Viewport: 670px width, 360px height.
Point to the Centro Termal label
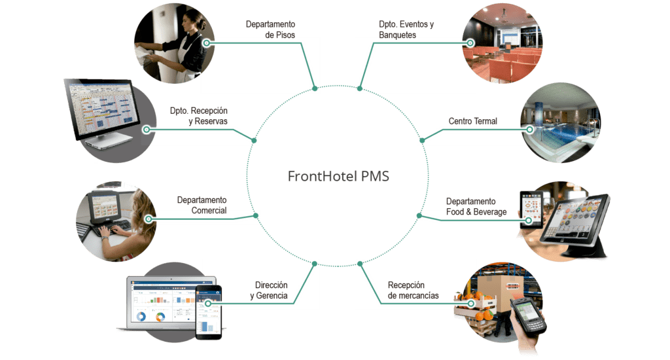point(473,122)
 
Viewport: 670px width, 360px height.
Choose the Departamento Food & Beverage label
point(476,207)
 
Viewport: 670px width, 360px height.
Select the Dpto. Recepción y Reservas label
point(199,116)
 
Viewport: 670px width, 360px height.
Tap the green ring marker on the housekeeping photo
point(207,43)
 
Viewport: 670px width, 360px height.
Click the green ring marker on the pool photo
point(529,130)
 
